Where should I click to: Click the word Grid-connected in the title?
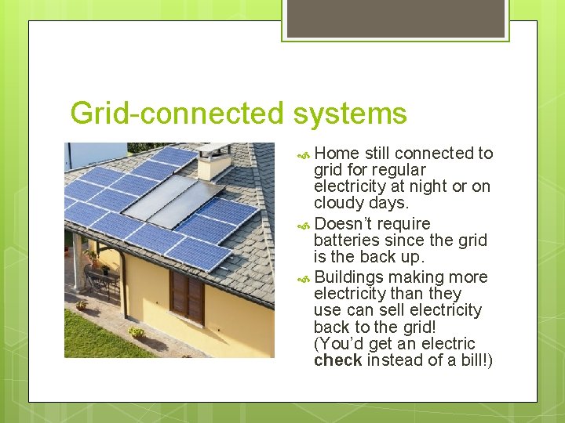(178, 114)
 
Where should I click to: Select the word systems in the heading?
(350, 114)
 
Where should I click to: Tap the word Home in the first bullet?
(337, 154)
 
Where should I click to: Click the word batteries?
(346, 240)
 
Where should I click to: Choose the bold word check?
(337, 360)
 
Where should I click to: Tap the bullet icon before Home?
(305, 155)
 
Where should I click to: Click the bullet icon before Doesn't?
(305, 226)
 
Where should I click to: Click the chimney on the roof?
(213, 161)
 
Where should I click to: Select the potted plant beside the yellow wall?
(137, 332)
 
